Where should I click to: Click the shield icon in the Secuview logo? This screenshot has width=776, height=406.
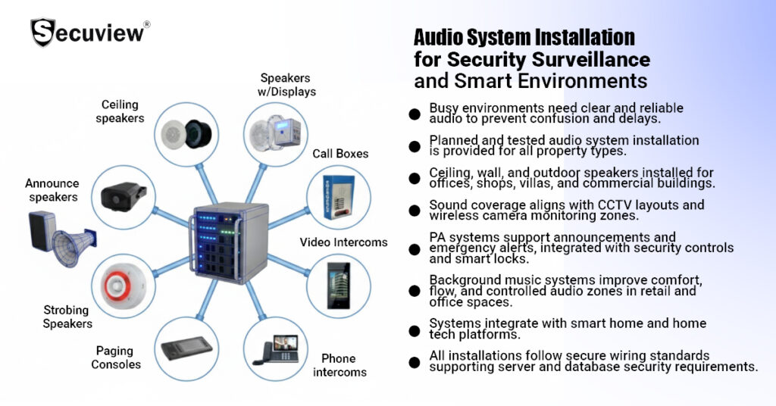pos(42,33)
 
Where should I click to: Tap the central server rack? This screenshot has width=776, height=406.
pos(230,242)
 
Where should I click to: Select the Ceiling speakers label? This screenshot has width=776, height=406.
pos(124,111)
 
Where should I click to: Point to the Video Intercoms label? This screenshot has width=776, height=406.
pos(343,242)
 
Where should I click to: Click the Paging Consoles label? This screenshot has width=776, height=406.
pos(116,358)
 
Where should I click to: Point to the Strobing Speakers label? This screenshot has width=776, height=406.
pos(67,317)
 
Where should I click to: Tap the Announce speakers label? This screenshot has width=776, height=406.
pos(52,190)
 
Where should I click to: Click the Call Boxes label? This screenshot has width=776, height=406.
pos(340,154)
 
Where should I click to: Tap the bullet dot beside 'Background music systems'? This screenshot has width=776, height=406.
pos(414,290)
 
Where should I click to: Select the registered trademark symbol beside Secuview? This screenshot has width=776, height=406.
pos(146,24)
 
